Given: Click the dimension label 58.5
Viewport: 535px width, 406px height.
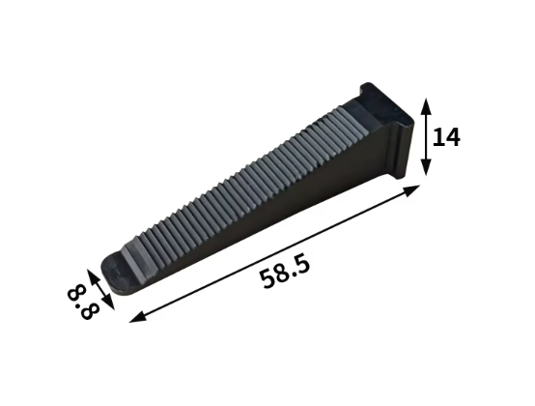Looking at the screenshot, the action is (285, 273).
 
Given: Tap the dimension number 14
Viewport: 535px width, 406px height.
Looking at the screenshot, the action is (446, 137).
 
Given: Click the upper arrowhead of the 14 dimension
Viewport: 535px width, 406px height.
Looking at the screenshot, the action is (425, 106).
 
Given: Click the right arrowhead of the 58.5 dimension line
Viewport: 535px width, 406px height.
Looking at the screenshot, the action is (411, 189).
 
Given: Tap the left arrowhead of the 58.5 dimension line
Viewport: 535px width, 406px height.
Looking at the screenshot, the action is (138, 317).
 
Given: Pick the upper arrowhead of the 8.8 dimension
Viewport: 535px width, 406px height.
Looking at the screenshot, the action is (91, 275).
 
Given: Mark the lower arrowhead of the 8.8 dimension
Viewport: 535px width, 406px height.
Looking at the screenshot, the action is (108, 302).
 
